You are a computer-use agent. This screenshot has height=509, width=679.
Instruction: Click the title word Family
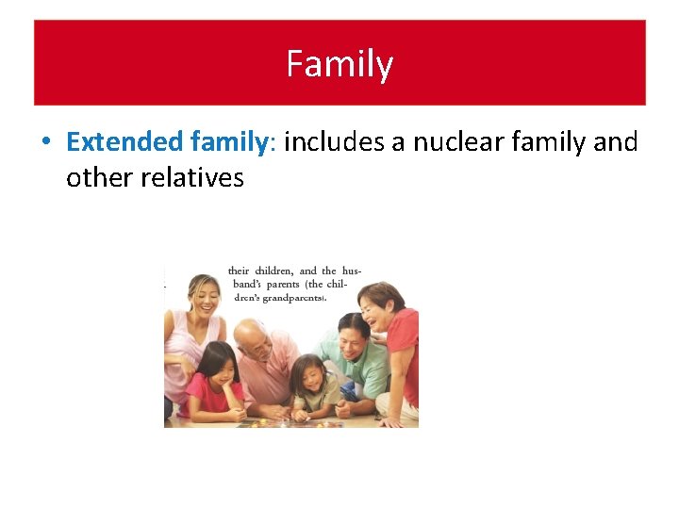[x=339, y=65]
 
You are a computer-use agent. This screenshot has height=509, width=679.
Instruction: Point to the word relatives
[x=193, y=177]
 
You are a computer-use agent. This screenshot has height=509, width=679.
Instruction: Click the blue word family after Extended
[x=230, y=142]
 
